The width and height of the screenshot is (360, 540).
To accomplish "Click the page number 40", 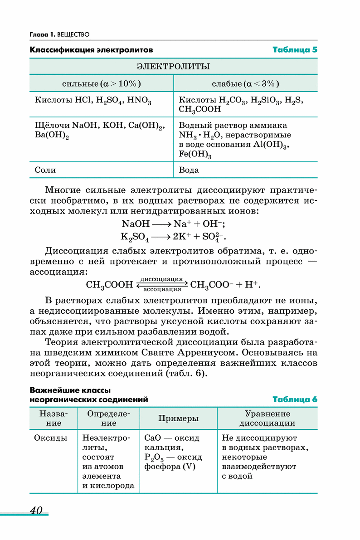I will click(x=36, y=510).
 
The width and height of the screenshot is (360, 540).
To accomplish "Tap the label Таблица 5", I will click(x=294, y=49).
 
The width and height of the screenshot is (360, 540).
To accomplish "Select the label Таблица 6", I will click(x=294, y=399).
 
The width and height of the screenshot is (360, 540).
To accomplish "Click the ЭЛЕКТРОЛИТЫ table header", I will click(x=173, y=67).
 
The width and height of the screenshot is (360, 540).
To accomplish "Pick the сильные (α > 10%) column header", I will click(x=101, y=83).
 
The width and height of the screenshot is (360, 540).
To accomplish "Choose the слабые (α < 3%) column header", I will click(x=245, y=83).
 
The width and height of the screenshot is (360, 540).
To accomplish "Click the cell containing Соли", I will click(x=45, y=170).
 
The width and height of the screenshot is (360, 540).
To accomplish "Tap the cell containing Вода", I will click(x=189, y=170).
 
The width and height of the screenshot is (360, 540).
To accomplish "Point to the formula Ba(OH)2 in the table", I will click(x=52, y=135).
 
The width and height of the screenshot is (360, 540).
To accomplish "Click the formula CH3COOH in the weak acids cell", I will click(x=199, y=109).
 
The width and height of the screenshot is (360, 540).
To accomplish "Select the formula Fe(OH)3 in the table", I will click(x=195, y=155).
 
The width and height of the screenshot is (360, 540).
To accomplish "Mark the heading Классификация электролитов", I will click(x=91, y=49).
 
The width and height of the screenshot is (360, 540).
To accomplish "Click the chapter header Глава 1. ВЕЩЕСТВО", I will click(x=59, y=34).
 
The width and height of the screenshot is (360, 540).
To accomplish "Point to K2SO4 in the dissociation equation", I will click(x=135, y=237).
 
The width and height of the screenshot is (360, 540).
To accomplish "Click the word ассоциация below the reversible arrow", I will click(x=162, y=289).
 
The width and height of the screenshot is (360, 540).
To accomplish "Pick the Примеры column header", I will click(x=178, y=418).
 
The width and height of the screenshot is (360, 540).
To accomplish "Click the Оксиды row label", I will click(x=51, y=438).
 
